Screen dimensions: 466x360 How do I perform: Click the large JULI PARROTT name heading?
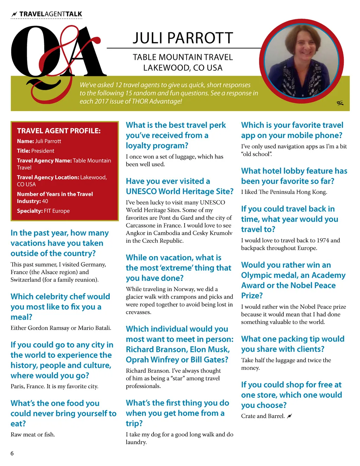[x=183, y=38]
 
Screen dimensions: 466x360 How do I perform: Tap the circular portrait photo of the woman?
[x=301, y=60]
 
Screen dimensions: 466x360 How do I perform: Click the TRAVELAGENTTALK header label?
[x=50, y=14]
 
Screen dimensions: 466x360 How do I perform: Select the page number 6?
[x=12, y=453]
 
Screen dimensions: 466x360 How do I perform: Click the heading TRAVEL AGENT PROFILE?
[x=59, y=131]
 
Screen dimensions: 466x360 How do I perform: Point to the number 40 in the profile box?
[x=45, y=201]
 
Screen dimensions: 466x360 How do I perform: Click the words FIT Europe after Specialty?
[x=57, y=211]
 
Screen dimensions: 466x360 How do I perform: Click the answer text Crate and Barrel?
[x=263, y=416]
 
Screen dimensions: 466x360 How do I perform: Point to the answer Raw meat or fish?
[x=33, y=434]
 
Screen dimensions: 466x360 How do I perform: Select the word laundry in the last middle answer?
[x=136, y=442]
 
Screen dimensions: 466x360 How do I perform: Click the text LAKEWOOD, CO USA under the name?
[x=183, y=68]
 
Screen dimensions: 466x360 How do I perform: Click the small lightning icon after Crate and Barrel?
[x=289, y=416]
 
